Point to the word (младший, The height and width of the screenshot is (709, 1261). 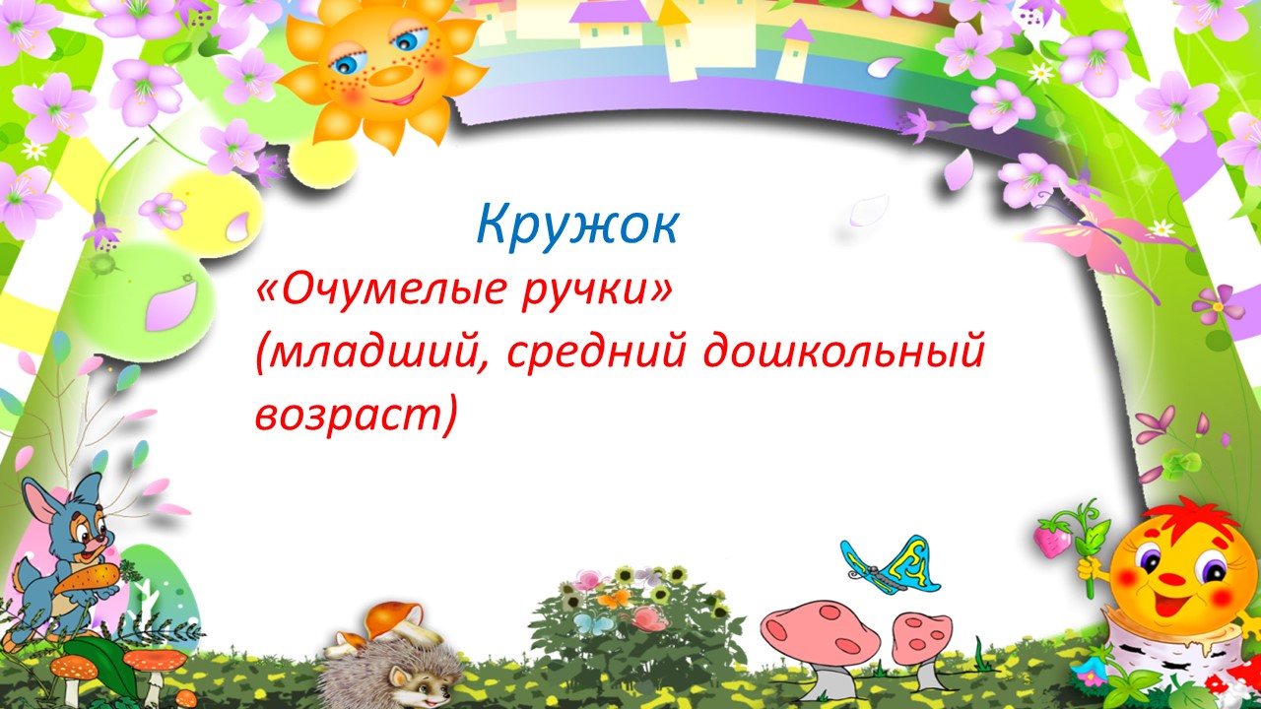point(372,354)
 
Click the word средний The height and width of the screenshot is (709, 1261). point(597,354)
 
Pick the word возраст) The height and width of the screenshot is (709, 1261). point(355,417)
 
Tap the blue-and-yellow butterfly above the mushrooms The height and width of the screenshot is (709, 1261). point(892,566)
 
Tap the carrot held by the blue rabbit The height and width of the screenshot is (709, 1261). point(88,580)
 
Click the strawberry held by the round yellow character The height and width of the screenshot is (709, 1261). point(1053,541)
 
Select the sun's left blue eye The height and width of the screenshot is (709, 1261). point(349,62)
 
